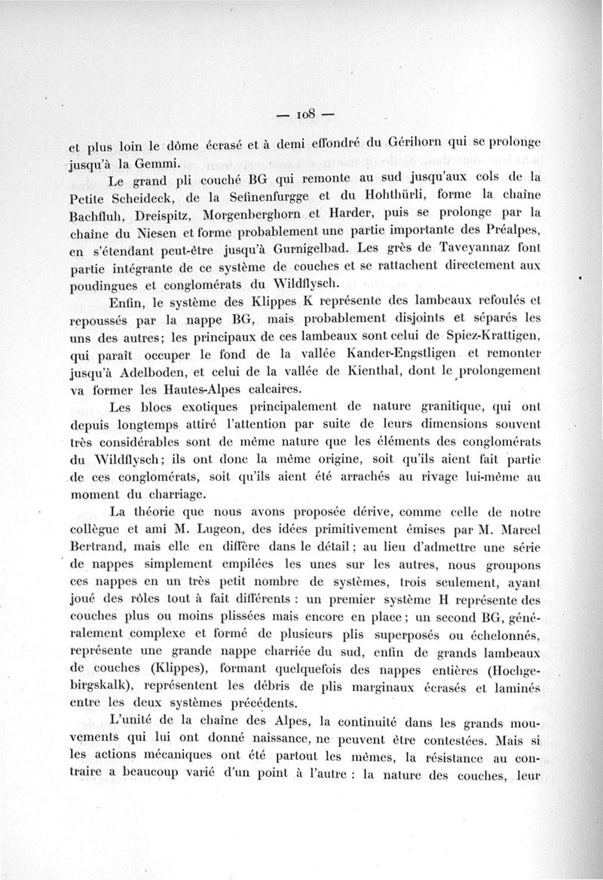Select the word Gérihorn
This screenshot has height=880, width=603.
tap(415, 142)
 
